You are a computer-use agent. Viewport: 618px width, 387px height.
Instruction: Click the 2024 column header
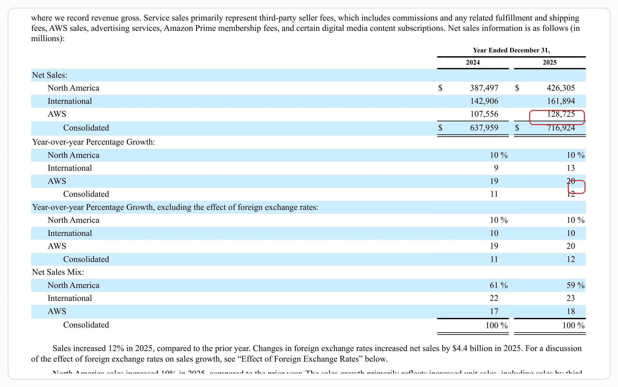[473, 62]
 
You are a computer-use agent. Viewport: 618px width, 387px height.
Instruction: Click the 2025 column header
[549, 62]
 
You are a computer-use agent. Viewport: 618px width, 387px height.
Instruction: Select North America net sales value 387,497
[484, 88]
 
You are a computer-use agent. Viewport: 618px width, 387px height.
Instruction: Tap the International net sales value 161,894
[561, 101]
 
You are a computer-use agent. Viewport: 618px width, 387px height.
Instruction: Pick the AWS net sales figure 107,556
[484, 114]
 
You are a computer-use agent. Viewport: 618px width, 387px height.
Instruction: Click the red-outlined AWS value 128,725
[560, 114]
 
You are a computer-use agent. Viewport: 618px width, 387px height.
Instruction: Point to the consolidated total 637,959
[484, 128]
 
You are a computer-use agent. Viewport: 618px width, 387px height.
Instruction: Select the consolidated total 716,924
[561, 128]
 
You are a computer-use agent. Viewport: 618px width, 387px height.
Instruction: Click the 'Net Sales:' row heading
[50, 75]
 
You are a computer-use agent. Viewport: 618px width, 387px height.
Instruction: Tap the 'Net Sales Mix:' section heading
[58, 272]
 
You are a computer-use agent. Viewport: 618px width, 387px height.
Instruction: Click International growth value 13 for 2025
[570, 168]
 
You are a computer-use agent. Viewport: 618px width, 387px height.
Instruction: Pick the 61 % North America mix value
[498, 285]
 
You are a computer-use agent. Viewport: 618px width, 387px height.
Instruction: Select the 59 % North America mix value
[575, 285]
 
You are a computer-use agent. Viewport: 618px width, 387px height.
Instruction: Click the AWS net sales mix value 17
[494, 311]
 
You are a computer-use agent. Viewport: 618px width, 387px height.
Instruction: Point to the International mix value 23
[570, 298]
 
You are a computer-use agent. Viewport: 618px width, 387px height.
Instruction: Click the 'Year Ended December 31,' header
[511, 50]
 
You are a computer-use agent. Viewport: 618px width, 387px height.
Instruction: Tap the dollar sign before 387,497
[440, 88]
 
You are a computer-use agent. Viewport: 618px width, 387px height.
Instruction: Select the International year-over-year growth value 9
[496, 168]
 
